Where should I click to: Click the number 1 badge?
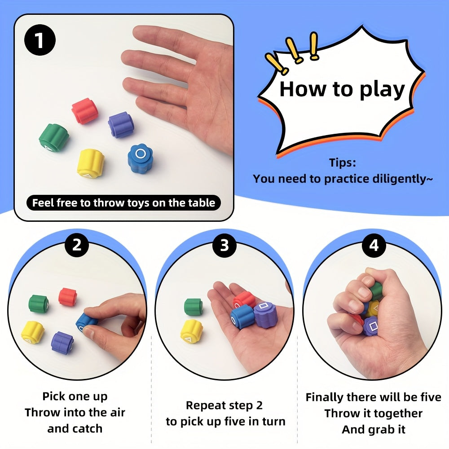(40, 40)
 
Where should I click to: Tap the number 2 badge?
(76, 245)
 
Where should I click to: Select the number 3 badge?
(224, 245)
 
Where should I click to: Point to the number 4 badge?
(374, 245)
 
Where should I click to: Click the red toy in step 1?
(85, 111)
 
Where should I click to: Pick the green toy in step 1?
(54, 137)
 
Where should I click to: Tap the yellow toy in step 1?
(91, 163)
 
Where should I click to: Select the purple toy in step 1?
(121, 124)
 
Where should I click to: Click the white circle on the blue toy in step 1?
(140, 153)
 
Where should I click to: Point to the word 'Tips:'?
(343, 163)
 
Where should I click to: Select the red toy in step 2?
(68, 297)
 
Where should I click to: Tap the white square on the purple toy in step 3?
(263, 307)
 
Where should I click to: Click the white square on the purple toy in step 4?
(374, 326)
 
